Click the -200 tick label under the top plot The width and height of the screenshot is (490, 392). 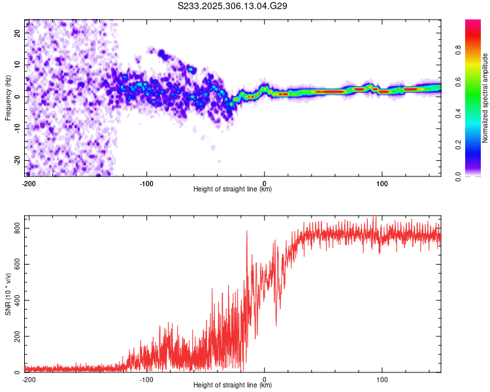[28, 183]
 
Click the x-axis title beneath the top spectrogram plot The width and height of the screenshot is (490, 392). [233, 189]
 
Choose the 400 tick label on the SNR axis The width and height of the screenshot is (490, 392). [16, 300]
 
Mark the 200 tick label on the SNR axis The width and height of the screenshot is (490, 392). [16, 336]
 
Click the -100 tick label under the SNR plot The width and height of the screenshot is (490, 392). [146, 379]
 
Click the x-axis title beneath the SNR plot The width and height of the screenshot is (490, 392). [233, 385]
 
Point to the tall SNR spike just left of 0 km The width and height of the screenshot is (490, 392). [246, 231]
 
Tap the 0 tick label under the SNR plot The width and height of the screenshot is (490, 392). [264, 379]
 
